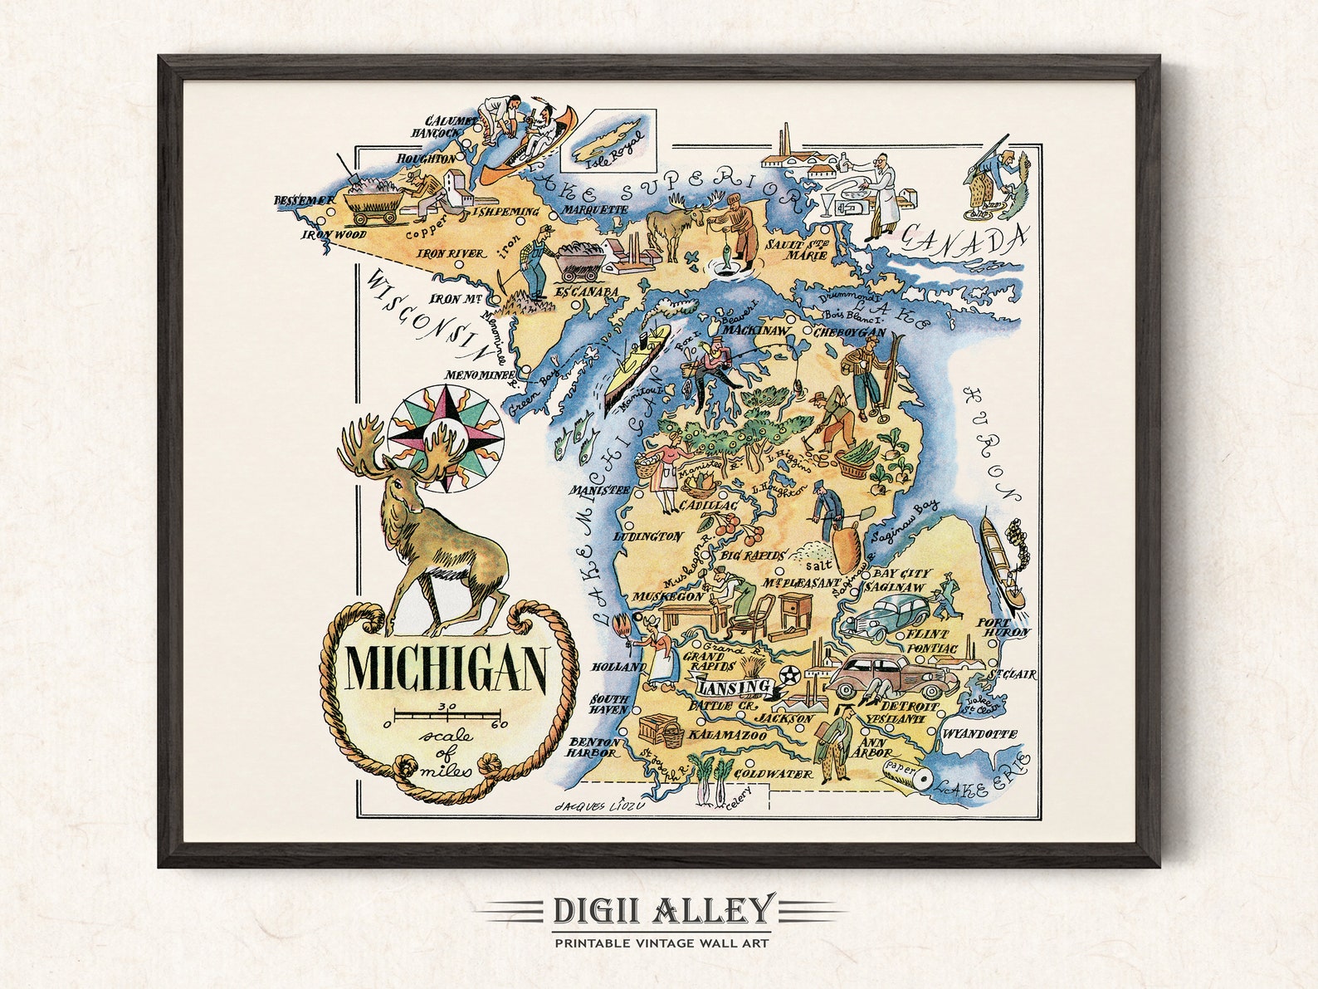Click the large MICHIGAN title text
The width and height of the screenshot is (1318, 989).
point(446,668)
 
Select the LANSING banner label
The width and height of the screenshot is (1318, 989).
point(733,688)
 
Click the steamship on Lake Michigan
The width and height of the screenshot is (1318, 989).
point(637,365)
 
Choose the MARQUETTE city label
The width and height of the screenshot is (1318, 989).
point(595,210)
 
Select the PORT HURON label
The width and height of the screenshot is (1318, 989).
point(1003,627)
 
